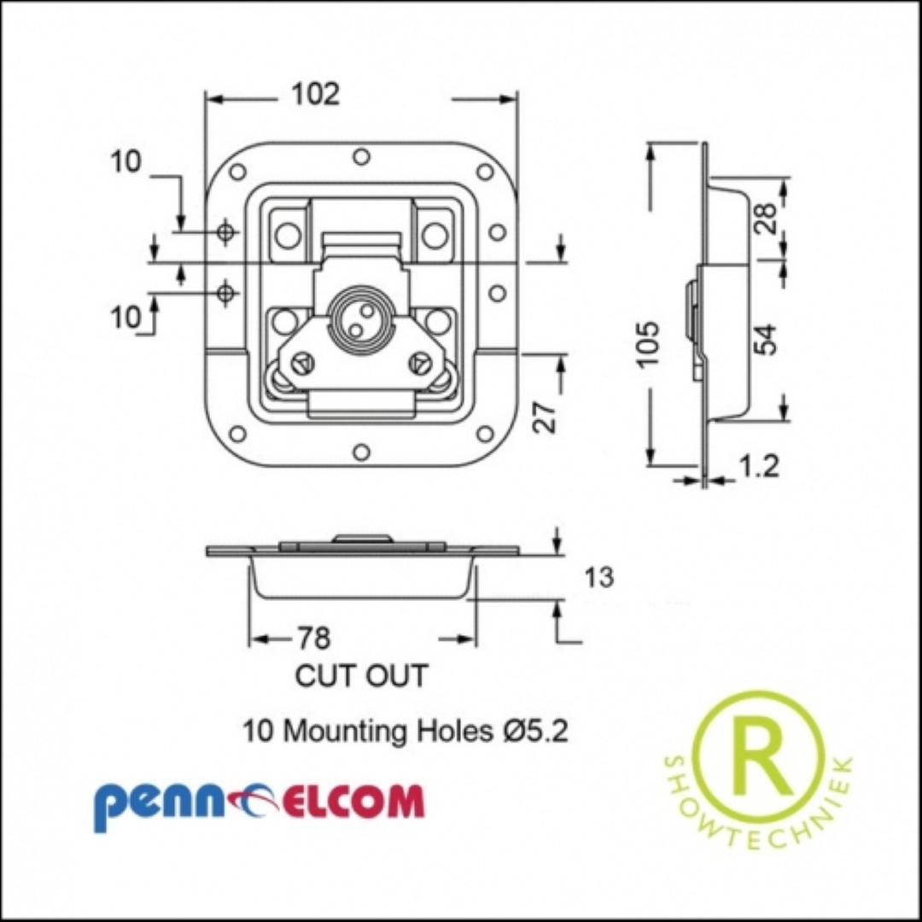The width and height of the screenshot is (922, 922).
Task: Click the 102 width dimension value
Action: [x=317, y=94]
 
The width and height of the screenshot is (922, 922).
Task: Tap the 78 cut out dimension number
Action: [x=314, y=638]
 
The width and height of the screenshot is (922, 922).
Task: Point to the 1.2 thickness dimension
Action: [x=759, y=466]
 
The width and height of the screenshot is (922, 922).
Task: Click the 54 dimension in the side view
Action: [x=765, y=339]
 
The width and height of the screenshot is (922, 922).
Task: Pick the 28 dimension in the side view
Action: [x=765, y=218]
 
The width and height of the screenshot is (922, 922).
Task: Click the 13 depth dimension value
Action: [x=599, y=577]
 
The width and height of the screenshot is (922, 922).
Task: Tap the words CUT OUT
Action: [x=361, y=675]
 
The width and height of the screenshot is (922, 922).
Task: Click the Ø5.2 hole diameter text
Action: [x=535, y=731]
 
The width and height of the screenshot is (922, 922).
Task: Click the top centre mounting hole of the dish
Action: [x=362, y=157]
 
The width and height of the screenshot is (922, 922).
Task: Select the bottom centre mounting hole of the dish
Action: [x=362, y=452]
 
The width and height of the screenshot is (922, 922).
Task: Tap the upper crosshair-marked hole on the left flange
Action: [x=225, y=231]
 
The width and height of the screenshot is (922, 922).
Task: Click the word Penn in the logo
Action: [x=160, y=803]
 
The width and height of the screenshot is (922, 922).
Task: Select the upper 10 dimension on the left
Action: [x=125, y=161]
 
